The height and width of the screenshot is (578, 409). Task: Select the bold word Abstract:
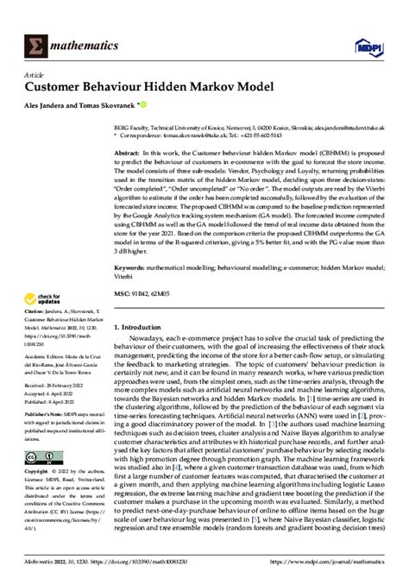pyautogui.click(x=129, y=152)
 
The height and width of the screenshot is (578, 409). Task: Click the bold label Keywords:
pyautogui.click(x=132, y=267)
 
